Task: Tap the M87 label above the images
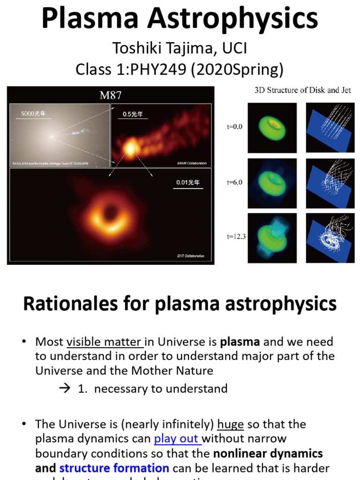click(111, 95)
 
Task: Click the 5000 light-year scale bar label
click(33, 114)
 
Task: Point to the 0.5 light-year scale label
click(133, 114)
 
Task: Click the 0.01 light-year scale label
click(187, 182)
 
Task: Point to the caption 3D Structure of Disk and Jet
click(302, 90)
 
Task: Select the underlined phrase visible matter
click(104, 341)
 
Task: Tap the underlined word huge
click(230, 424)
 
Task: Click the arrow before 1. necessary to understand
click(66, 389)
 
